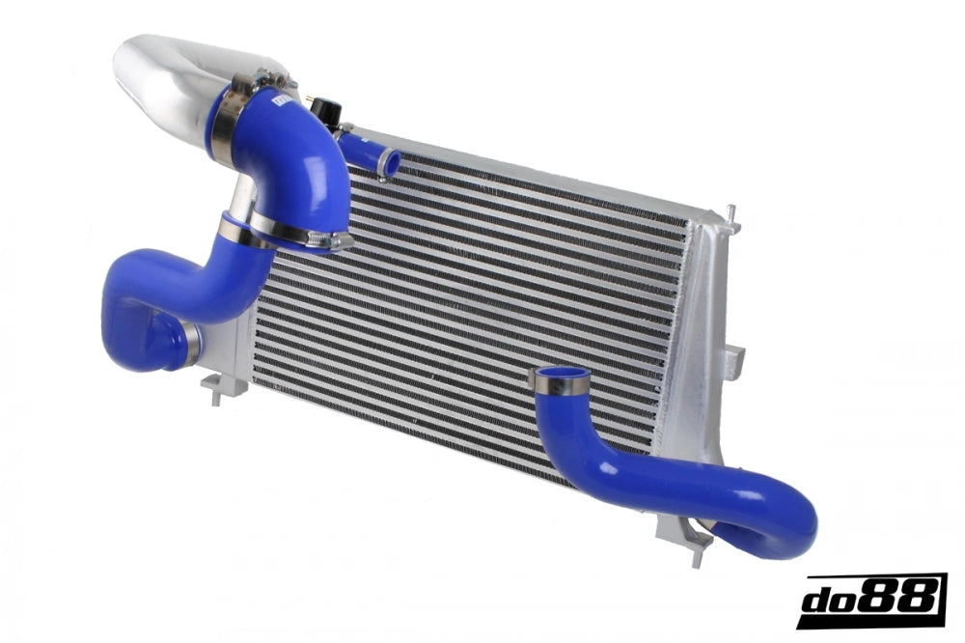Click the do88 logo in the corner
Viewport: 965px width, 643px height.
(870, 600)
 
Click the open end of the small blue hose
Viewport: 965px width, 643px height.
(391, 163)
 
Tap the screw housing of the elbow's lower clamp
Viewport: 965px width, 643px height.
(333, 240)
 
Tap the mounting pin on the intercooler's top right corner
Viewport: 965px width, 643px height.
(731, 213)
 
